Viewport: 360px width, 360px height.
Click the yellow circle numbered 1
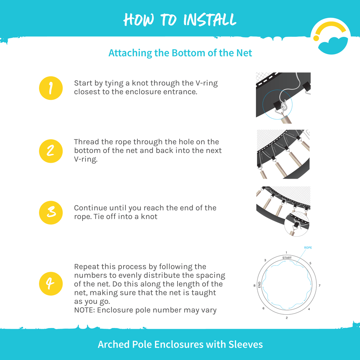(x=51, y=88)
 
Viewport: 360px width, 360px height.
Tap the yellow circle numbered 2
(x=51, y=151)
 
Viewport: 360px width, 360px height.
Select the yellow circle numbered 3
(x=51, y=213)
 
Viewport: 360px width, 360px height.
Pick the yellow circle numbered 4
(x=51, y=284)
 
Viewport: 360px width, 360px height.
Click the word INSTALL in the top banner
(x=210, y=20)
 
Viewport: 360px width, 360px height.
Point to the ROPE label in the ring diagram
(x=308, y=247)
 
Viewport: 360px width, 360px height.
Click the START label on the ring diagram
(x=287, y=258)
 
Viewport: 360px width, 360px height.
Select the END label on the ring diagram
(x=259, y=285)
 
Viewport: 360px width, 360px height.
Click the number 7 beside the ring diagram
(x=319, y=285)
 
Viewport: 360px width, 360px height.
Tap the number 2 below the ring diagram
(x=287, y=318)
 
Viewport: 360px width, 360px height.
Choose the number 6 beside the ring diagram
(x=263, y=308)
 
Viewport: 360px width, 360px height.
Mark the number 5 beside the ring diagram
(x=310, y=263)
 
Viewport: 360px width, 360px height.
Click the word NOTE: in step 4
(x=84, y=310)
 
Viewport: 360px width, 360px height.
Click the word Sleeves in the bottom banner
(x=245, y=345)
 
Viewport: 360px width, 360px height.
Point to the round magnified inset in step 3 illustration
(x=297, y=224)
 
